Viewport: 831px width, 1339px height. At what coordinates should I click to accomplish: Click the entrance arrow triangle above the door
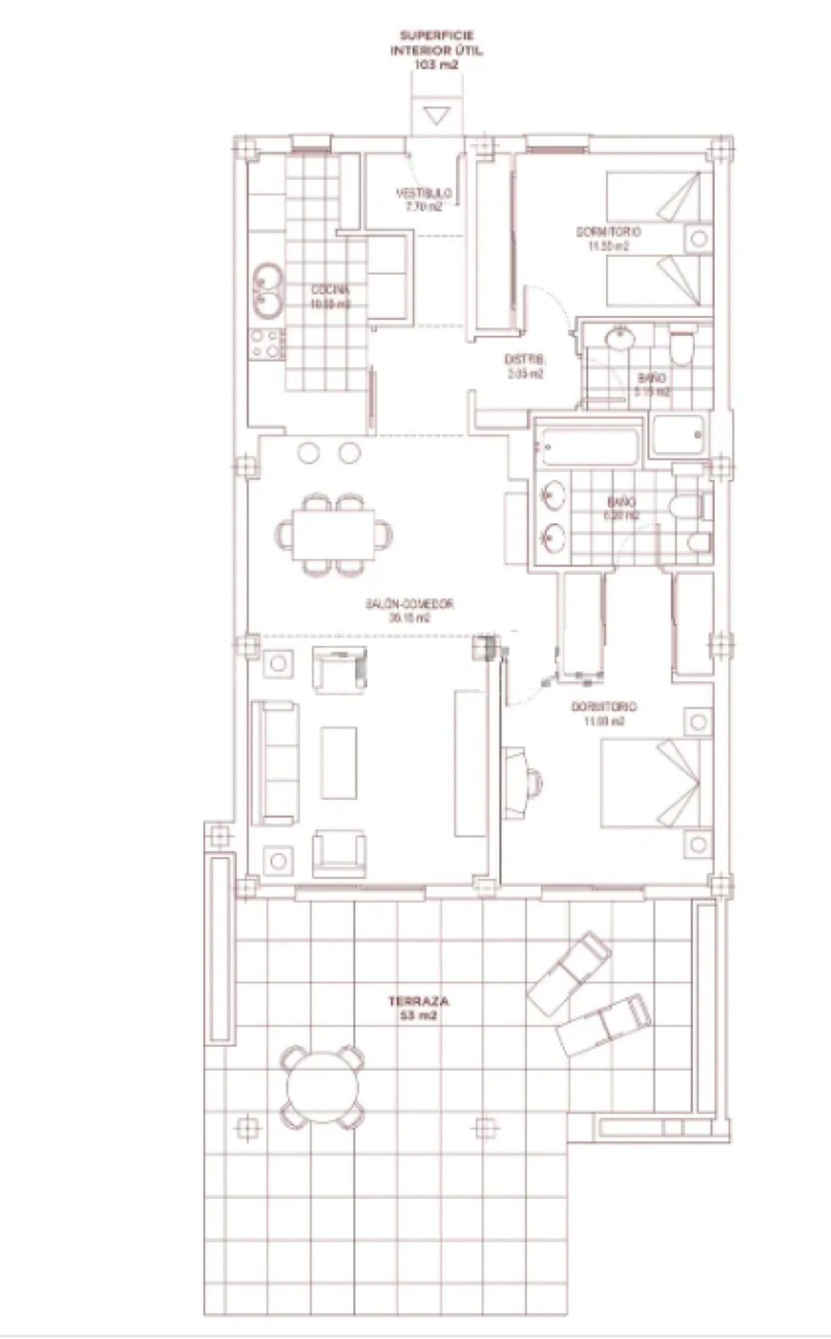pos(437,116)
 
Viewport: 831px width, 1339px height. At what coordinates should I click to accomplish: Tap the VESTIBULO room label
pos(424,199)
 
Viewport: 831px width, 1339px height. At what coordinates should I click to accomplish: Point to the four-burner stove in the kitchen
pos(267,344)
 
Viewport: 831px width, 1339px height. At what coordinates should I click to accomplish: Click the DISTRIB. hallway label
pos(525,366)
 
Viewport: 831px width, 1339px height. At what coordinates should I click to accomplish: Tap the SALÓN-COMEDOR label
pos(409,610)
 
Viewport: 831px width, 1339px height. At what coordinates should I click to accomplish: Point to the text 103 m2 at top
pos(436,64)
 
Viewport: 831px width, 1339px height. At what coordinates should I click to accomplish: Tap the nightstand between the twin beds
pos(698,239)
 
